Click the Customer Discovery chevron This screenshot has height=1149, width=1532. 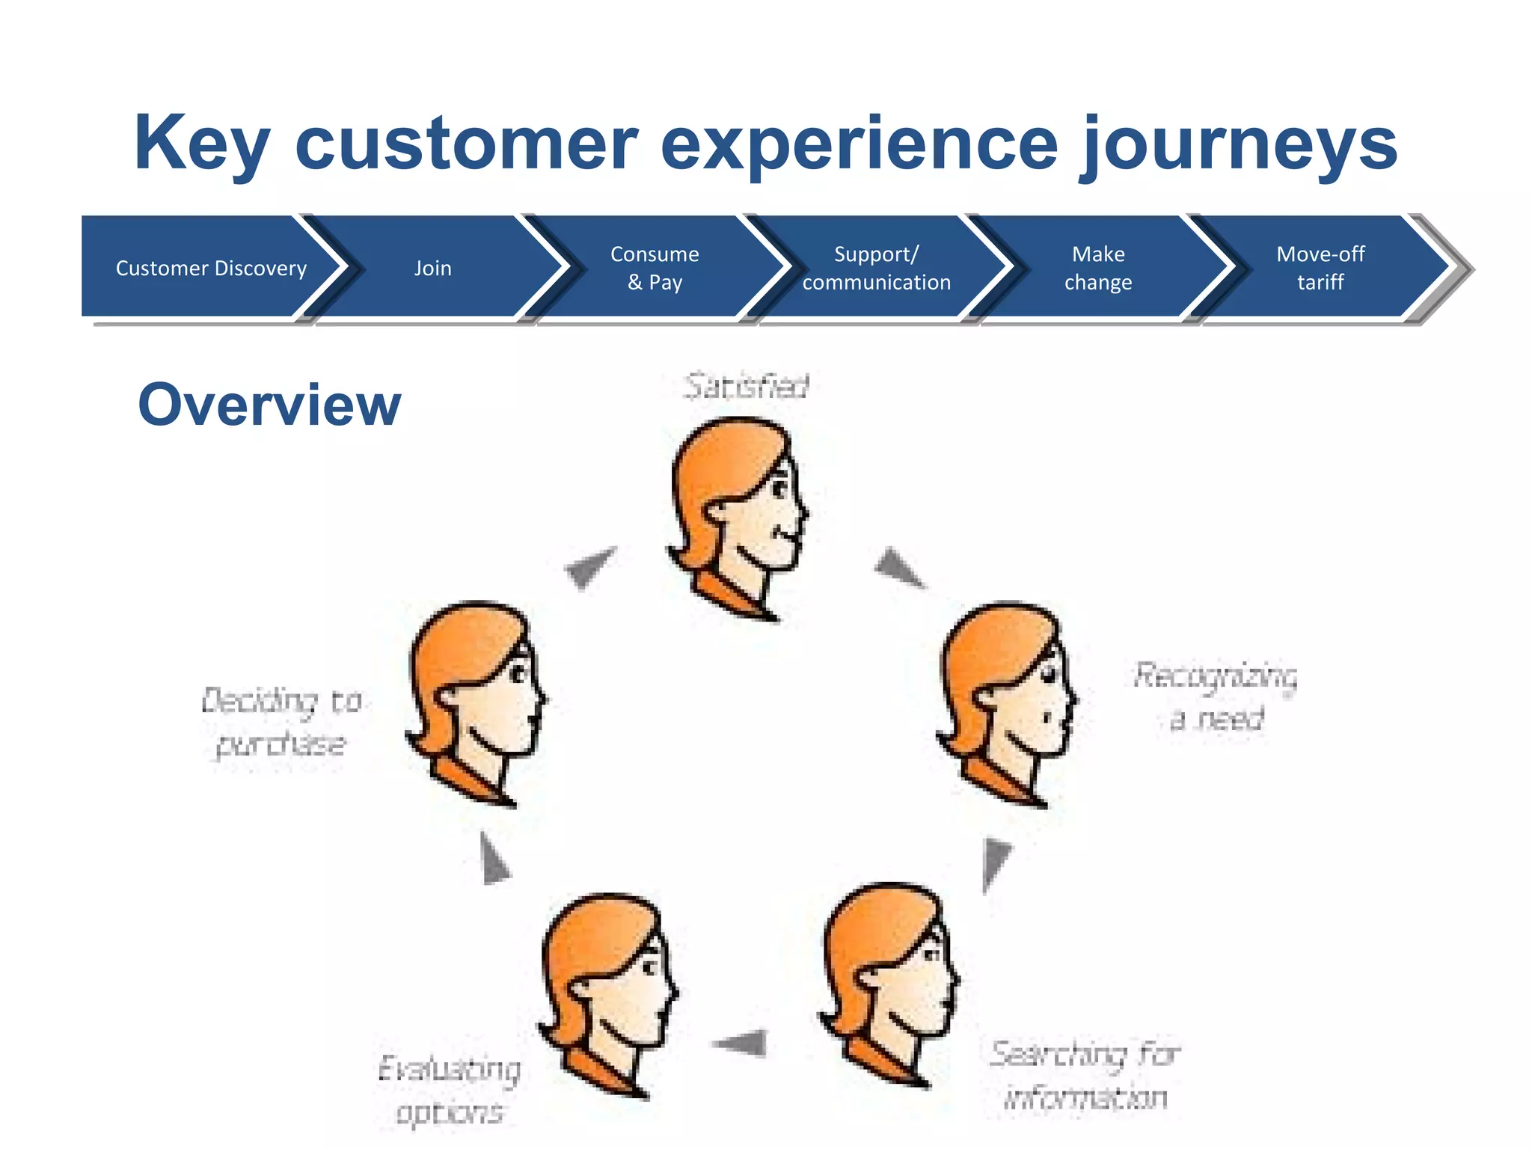pyautogui.click(x=211, y=268)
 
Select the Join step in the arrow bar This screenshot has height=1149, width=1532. pyautogui.click(x=433, y=268)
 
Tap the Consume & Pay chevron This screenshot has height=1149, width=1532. pyautogui.click(x=655, y=268)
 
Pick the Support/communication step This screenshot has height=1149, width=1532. pyautogui.click(x=876, y=268)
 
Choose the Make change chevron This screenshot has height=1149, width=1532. pyautogui.click(x=1097, y=268)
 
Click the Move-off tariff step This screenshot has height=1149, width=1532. pyautogui.click(x=1320, y=268)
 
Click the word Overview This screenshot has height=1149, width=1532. pyautogui.click(x=269, y=405)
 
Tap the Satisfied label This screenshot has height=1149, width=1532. pyautogui.click(x=746, y=387)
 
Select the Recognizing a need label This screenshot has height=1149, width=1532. pyautogui.click(x=1216, y=696)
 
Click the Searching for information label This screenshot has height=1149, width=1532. pyautogui.click(x=1085, y=1075)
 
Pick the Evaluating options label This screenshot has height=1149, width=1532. pyautogui.click(x=450, y=1089)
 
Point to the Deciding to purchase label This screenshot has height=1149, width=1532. pyautogui.click(x=281, y=722)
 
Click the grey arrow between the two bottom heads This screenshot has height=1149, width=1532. pyautogui.click(x=741, y=1042)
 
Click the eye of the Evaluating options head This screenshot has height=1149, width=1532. pyautogui.click(x=649, y=968)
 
